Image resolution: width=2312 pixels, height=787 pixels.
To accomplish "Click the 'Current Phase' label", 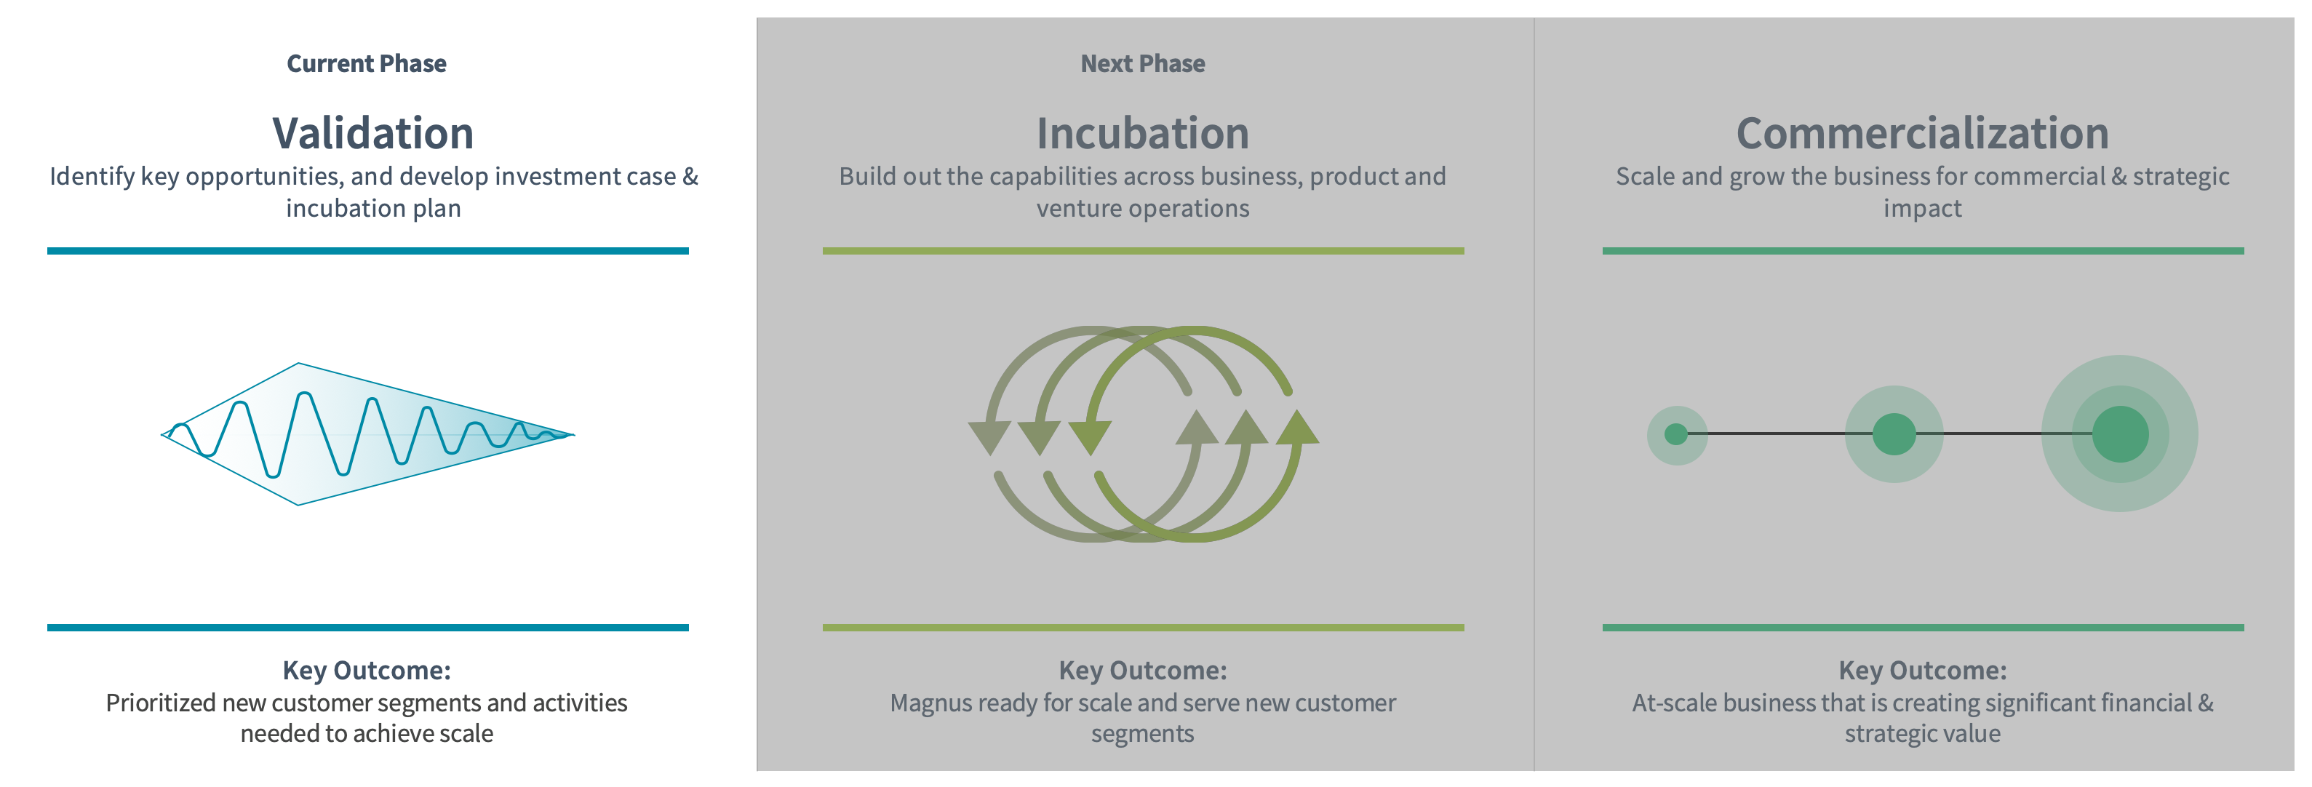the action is (366, 64).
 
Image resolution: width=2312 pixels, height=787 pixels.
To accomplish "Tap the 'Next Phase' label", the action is (1142, 64).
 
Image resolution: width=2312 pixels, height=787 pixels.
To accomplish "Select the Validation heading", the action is (372, 133).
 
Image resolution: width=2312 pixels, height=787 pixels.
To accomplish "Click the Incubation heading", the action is (1142, 133).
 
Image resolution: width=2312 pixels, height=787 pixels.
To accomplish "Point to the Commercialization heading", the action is (1923, 133).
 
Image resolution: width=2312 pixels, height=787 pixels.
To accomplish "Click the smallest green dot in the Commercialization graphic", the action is (1675, 434).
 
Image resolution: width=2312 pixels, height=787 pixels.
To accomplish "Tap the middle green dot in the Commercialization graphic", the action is (1894, 434).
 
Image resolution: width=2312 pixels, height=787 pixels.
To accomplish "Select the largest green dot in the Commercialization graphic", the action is (2120, 434).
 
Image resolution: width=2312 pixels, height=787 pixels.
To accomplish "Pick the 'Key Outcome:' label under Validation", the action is (366, 671).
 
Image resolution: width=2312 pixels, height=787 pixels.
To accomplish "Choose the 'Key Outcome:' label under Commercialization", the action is (1923, 671).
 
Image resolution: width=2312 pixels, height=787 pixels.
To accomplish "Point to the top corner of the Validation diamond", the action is (298, 364).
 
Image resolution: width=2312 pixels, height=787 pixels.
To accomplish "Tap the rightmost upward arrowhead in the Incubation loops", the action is (1297, 427).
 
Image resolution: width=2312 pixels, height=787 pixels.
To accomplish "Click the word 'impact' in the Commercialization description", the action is (1923, 209).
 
